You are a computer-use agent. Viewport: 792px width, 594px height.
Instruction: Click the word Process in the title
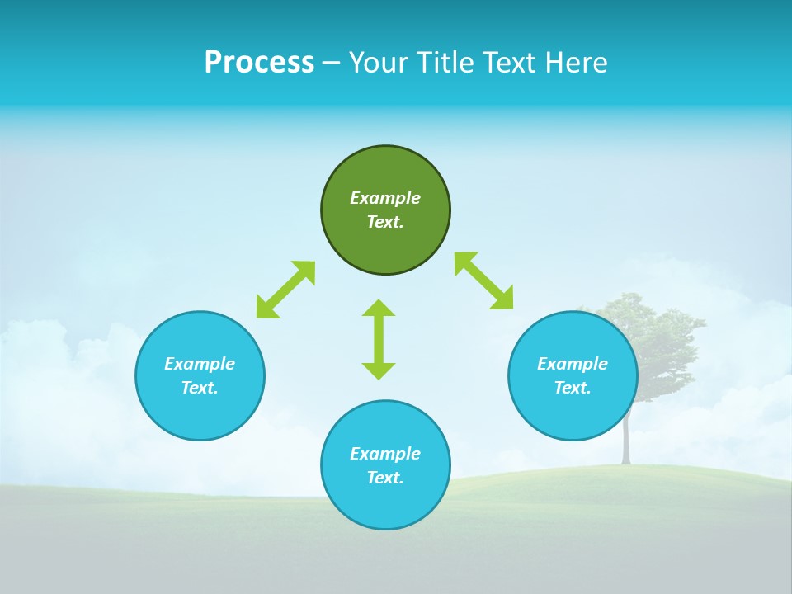click(x=259, y=63)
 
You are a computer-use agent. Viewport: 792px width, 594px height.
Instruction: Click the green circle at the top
click(x=385, y=173)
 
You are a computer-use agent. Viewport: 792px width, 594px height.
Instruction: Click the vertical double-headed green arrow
click(x=379, y=339)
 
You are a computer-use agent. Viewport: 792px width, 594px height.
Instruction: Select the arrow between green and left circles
click(x=285, y=290)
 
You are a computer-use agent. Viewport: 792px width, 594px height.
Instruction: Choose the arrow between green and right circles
click(x=483, y=280)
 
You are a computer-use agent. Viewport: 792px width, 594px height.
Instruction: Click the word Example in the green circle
click(x=385, y=198)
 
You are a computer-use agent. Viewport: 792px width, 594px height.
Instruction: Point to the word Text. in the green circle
click(x=385, y=222)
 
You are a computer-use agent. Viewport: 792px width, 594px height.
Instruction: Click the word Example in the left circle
click(x=200, y=364)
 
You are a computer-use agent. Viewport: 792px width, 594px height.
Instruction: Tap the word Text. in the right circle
click(x=573, y=388)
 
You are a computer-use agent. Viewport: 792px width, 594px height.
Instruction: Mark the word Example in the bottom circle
click(x=385, y=454)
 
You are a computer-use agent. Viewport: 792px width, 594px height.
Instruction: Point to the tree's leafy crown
click(x=652, y=330)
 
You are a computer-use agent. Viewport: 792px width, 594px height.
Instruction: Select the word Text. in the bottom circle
click(x=385, y=478)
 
